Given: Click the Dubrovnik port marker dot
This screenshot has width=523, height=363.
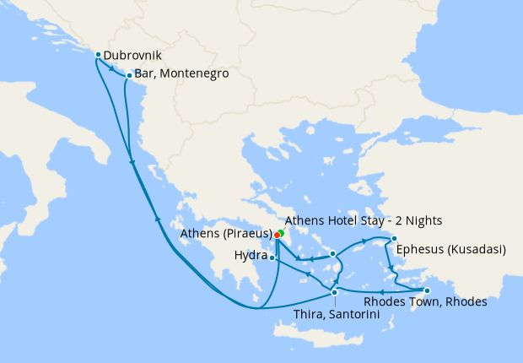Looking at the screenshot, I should [99, 55].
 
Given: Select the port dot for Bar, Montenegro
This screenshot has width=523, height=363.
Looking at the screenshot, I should [128, 75].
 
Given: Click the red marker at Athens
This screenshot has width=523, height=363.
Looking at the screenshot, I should [278, 235].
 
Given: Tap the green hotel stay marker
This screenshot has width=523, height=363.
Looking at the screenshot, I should [282, 231].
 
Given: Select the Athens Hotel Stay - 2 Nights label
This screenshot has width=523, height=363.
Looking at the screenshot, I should [364, 220].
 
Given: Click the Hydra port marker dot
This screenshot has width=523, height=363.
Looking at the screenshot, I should [272, 257].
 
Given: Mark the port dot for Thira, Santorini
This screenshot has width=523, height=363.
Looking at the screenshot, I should [335, 293].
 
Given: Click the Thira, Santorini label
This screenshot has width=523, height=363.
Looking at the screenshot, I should [335, 314].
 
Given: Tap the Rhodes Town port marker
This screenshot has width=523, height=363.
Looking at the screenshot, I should [438, 291].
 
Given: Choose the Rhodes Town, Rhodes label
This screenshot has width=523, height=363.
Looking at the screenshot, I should [424, 302].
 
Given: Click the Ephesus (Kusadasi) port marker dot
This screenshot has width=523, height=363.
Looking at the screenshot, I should [394, 239].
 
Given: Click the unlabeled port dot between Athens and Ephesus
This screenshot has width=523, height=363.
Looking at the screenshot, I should [333, 253].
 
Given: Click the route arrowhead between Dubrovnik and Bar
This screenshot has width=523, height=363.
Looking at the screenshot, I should [113, 70].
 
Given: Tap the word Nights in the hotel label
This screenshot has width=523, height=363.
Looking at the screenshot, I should [423, 220].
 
